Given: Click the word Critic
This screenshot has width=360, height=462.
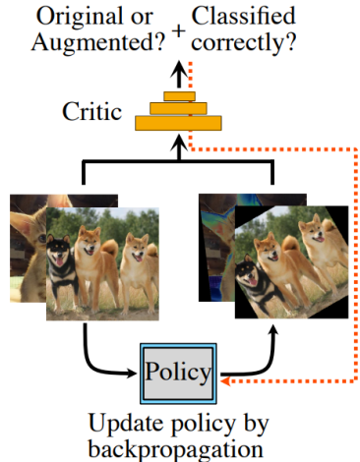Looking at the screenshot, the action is point(92,111).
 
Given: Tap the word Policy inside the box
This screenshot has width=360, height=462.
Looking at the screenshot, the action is point(178,373).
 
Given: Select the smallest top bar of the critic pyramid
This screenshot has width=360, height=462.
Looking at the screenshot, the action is point(180,96).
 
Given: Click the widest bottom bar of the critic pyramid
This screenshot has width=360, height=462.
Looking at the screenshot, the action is point(178,123).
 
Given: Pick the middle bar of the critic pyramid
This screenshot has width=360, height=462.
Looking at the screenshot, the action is point(178,108).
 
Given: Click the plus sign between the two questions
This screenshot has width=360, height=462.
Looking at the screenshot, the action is point(178,31).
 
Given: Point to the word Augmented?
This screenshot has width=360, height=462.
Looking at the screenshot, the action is point(98,43).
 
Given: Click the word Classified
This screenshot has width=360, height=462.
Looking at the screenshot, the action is point(244,16).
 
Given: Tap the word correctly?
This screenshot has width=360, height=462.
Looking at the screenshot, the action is point(244,43).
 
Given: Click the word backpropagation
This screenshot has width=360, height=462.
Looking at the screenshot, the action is point(176,449).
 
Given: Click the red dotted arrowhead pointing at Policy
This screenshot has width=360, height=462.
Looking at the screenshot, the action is point(225,381).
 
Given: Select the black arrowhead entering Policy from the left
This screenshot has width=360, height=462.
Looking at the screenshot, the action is point(131,373).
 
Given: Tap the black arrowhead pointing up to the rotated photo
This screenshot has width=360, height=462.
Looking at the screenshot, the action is point(271,329).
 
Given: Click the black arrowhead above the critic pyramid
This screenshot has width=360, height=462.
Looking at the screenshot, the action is point(179,68).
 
